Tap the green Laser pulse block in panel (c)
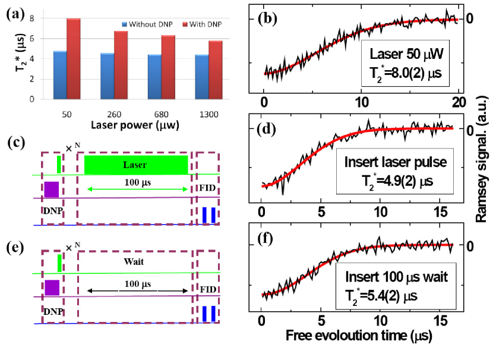pos(136,165)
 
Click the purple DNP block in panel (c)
pos(51,189)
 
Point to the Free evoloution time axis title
pos(358,336)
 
